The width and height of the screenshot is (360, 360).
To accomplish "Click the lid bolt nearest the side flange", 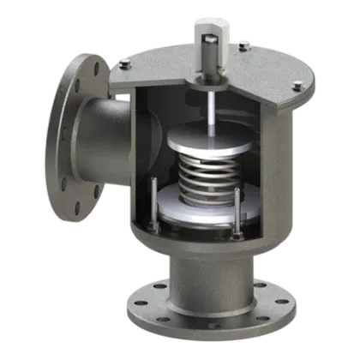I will (124, 62).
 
